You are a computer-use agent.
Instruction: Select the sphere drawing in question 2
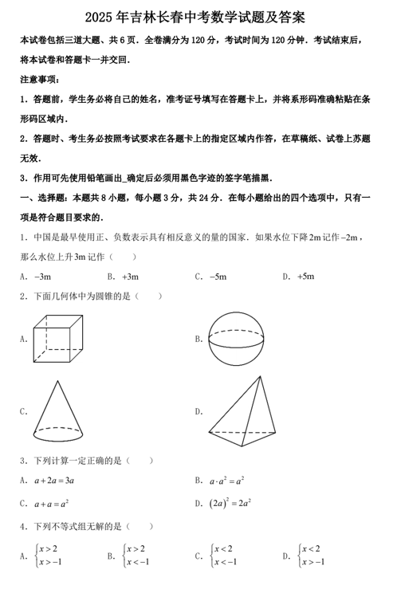click(x=236, y=339)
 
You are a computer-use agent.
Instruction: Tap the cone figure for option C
click(x=59, y=410)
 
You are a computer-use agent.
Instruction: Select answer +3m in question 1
click(x=130, y=277)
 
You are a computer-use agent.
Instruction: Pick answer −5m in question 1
click(x=218, y=277)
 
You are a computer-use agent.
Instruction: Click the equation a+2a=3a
click(x=54, y=481)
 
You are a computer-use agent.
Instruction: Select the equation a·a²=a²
click(x=227, y=481)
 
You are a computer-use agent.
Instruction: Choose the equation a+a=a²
click(x=51, y=504)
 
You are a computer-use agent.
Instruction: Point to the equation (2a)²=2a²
click(x=231, y=503)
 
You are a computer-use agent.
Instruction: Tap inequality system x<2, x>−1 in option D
click(x=312, y=555)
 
